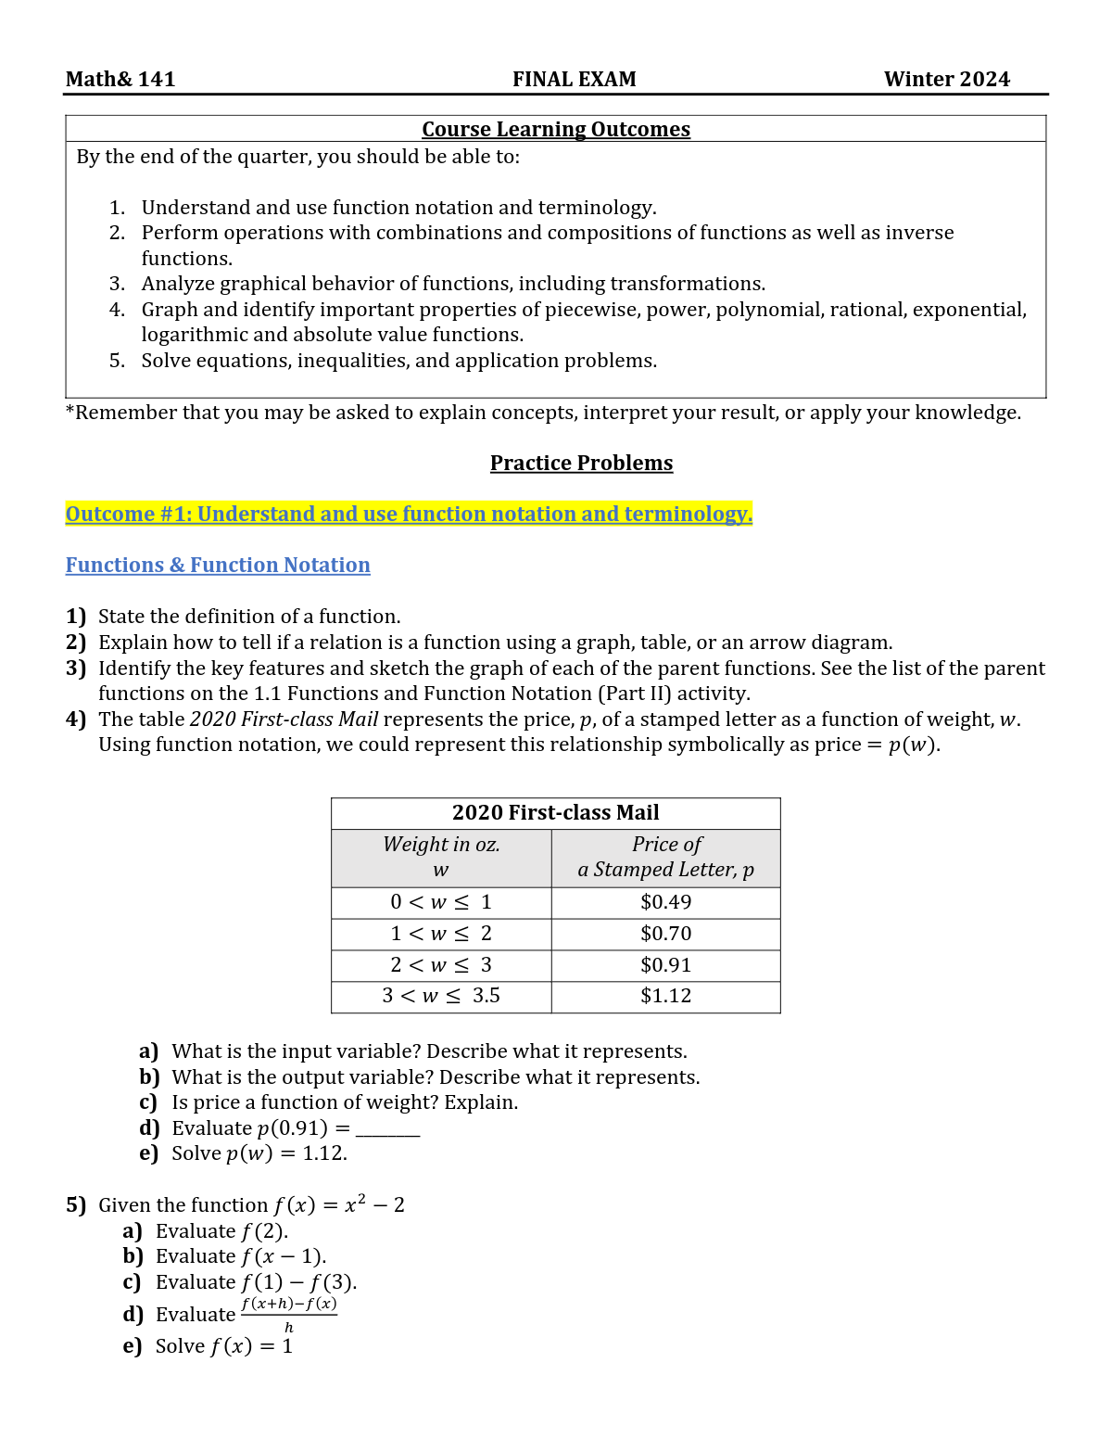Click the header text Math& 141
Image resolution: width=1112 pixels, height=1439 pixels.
(120, 80)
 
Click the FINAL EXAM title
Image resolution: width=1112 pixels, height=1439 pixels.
(574, 80)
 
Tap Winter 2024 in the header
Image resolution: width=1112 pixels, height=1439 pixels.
(946, 80)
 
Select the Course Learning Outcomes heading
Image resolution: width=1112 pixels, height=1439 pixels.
(556, 130)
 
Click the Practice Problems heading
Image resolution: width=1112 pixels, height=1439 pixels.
(581, 463)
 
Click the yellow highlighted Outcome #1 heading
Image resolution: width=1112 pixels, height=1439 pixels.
(409, 514)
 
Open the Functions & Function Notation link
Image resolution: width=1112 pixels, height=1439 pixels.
(218, 565)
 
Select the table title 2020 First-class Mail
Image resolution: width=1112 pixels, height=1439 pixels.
(555, 812)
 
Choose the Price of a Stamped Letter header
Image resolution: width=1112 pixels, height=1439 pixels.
(665, 857)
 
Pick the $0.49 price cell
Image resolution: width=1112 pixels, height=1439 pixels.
(665, 902)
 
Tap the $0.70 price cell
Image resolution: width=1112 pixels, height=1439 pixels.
(665, 934)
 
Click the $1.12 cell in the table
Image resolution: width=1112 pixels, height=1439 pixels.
(665, 996)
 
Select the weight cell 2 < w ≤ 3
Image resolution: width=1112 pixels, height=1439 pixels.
(441, 965)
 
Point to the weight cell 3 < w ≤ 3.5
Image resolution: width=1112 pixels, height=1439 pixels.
(441, 996)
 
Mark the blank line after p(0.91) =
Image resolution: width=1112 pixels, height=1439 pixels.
(387, 1132)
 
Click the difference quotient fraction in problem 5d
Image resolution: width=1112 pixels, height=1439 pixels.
(288, 1314)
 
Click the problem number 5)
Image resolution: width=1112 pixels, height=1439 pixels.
(76, 1205)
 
